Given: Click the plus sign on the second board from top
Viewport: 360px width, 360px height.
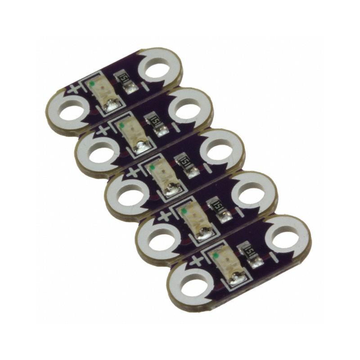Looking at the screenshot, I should pos(103,130).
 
